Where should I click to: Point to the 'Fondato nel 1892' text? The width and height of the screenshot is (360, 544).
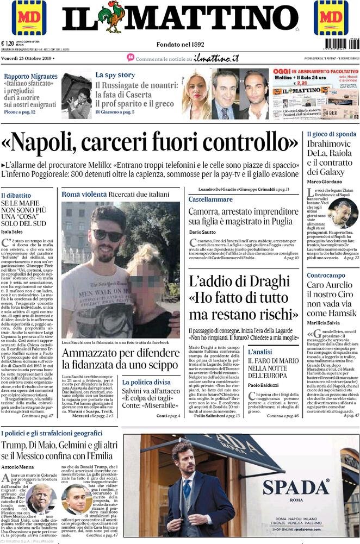click(180, 44)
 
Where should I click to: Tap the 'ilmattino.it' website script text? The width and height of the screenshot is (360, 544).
click(216, 58)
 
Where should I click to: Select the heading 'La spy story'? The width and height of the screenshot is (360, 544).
click(115, 75)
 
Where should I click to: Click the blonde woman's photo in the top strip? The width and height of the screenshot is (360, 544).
click(195, 95)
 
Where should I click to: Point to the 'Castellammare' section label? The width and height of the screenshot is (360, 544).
click(210, 199)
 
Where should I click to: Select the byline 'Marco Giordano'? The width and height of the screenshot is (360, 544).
click(324, 181)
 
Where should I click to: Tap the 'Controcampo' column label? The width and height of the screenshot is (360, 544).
click(325, 276)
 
